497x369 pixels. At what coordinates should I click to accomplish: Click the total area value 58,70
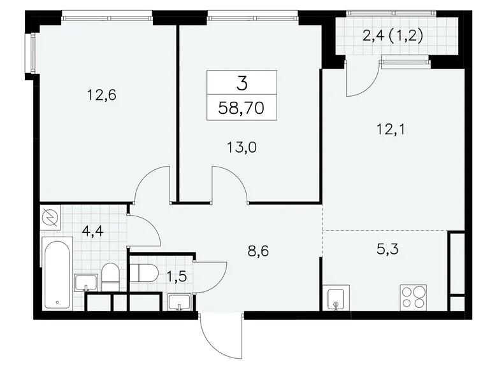[x=242, y=106]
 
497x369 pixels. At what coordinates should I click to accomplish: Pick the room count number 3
[x=242, y=82]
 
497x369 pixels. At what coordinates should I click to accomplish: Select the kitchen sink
[x=336, y=298]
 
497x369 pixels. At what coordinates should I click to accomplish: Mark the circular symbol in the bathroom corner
[x=50, y=218]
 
